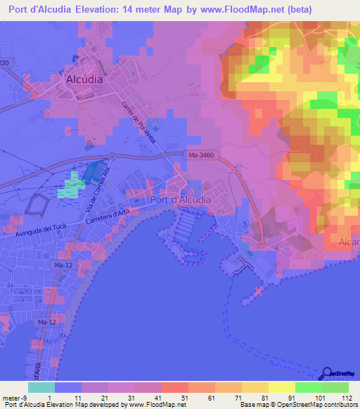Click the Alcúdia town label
(x=84, y=80)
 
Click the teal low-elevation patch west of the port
(x=70, y=187)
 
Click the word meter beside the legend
(x=11, y=398)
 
